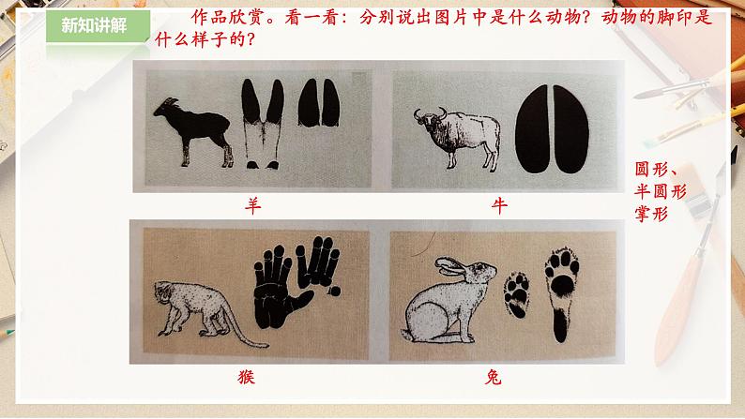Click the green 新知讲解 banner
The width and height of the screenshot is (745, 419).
pyautogui.click(x=98, y=26)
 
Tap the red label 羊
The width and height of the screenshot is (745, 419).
pyautogui.click(x=252, y=206)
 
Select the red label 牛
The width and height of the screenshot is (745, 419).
pyautogui.click(x=499, y=206)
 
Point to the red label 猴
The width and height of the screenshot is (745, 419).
pyautogui.click(x=246, y=377)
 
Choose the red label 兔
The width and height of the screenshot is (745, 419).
pyautogui.click(x=494, y=377)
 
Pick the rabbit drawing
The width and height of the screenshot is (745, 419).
pyautogui.click(x=447, y=300)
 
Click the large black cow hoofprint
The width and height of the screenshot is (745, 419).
pyautogui.click(x=552, y=129)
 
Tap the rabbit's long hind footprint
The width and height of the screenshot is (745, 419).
pyautogui.click(x=562, y=294)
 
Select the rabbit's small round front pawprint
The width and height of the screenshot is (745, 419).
pyautogui.click(x=516, y=294)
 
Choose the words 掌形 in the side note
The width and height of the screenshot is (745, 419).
pyautogui.click(x=651, y=214)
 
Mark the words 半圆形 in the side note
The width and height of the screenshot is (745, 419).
pyautogui.click(x=661, y=192)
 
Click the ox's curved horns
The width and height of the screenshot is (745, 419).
pyautogui.click(x=431, y=112)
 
